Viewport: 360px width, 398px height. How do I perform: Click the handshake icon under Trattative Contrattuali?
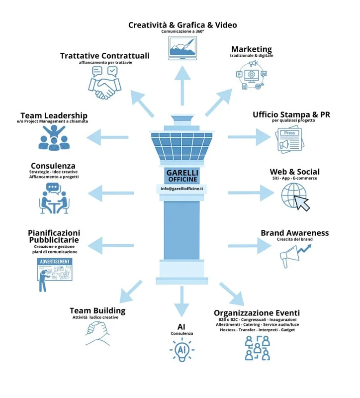pos(105,83)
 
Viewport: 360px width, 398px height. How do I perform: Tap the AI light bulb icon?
pos(182,350)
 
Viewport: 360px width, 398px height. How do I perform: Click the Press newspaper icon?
pos(289,140)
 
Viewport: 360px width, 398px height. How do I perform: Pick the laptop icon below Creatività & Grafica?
pos(182,48)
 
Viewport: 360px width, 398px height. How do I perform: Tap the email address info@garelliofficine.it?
pos(182,189)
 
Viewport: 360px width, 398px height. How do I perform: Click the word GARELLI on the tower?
pos(182,173)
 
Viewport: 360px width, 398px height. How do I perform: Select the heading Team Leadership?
pos(54,115)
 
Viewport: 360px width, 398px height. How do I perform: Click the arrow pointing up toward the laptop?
pos(182,85)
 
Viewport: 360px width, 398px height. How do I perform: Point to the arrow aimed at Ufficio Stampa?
pos(250,137)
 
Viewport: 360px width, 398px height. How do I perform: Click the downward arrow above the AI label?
pos(181,301)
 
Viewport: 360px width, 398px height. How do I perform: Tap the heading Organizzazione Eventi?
pos(257,313)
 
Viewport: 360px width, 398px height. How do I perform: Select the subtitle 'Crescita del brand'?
pos(294,239)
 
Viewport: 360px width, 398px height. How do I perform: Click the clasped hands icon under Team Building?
pos(97,333)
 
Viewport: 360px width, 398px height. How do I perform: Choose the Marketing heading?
pos(252,49)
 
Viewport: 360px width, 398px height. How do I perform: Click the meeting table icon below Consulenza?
pos(54,198)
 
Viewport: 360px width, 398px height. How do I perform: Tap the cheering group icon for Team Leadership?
pos(54,138)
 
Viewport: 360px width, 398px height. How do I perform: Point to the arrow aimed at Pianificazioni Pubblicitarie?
pos(110,245)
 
